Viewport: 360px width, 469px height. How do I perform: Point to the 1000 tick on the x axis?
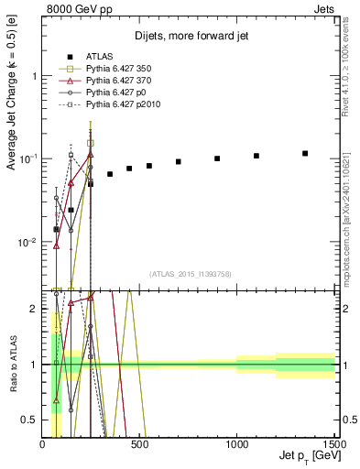coord(236,445)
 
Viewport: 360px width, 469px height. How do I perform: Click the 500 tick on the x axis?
coord(139,445)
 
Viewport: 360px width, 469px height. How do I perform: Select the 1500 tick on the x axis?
coord(333,445)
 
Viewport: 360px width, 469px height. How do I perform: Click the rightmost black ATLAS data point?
coord(305,153)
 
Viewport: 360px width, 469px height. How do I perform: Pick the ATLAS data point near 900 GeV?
coord(217,158)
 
